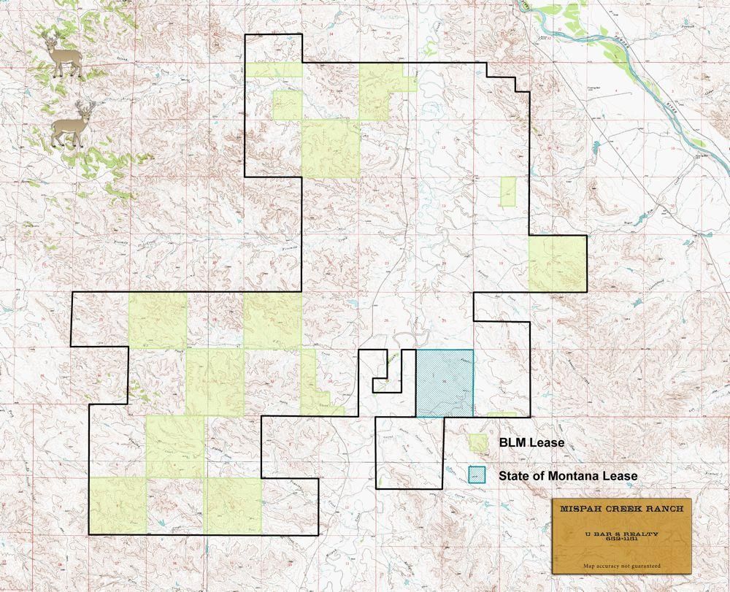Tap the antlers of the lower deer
(x=86, y=107)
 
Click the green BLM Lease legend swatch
(x=477, y=443)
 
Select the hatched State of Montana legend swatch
(x=477, y=475)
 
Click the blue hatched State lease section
(x=445, y=384)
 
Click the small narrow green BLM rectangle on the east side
(x=507, y=191)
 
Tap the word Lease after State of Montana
(x=621, y=476)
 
